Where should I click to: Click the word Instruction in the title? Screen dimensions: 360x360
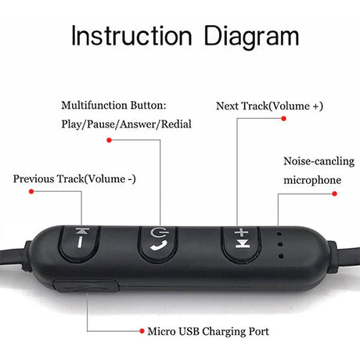pyautogui.click(x=131, y=36)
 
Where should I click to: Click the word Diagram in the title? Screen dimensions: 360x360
pyautogui.click(x=251, y=38)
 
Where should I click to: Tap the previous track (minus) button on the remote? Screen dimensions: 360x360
pyautogui.click(x=79, y=243)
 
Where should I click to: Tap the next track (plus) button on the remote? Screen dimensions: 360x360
pyautogui.click(x=241, y=243)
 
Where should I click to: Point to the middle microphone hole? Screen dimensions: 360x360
pyautogui.click(x=280, y=244)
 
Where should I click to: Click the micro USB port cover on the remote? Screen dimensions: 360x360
pyautogui.click(x=86, y=286)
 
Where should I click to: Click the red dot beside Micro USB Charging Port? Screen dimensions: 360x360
pyautogui.click(x=142, y=331)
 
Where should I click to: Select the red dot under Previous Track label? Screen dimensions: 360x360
pyautogui.click(x=31, y=192)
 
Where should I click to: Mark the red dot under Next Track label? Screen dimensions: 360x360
pyautogui.click(x=284, y=118)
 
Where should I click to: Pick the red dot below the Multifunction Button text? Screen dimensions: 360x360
pyautogui.click(x=109, y=140)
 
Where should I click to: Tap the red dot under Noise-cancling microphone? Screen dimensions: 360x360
pyautogui.click(x=334, y=193)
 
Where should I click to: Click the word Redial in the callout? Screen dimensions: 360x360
pyautogui.click(x=176, y=124)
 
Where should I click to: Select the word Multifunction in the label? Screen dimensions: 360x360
pyautogui.click(x=94, y=106)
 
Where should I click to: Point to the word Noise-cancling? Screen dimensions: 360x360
pyautogui.click(x=319, y=161)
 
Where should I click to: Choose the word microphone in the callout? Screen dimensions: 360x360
pyautogui.click(x=312, y=180)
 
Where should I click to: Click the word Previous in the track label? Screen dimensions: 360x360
pyautogui.click(x=34, y=179)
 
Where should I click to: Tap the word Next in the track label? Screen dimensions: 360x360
pyautogui.click(x=228, y=106)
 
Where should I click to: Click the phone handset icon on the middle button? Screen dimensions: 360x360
pyautogui.click(x=159, y=246)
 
